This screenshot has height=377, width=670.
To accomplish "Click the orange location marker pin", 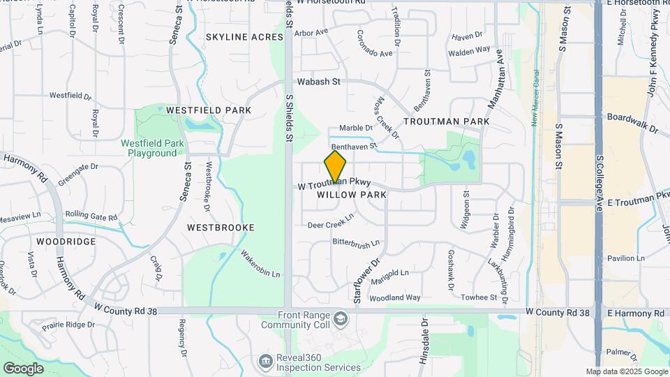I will (x=335, y=168).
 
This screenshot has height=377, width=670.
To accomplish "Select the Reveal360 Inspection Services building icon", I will (x=265, y=361).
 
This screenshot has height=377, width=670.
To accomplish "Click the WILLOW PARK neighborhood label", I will (x=352, y=195).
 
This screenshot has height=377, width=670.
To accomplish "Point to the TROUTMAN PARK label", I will (x=446, y=121).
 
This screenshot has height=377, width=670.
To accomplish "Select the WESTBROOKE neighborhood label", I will (x=221, y=228).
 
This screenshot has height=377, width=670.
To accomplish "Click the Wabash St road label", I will (x=318, y=82).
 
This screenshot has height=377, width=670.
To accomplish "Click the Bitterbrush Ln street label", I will (x=356, y=243).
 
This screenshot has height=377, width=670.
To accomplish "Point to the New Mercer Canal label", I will (x=535, y=98).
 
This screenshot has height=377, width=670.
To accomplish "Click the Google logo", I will (x=23, y=368).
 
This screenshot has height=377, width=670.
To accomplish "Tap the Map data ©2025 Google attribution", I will (x=626, y=372).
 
